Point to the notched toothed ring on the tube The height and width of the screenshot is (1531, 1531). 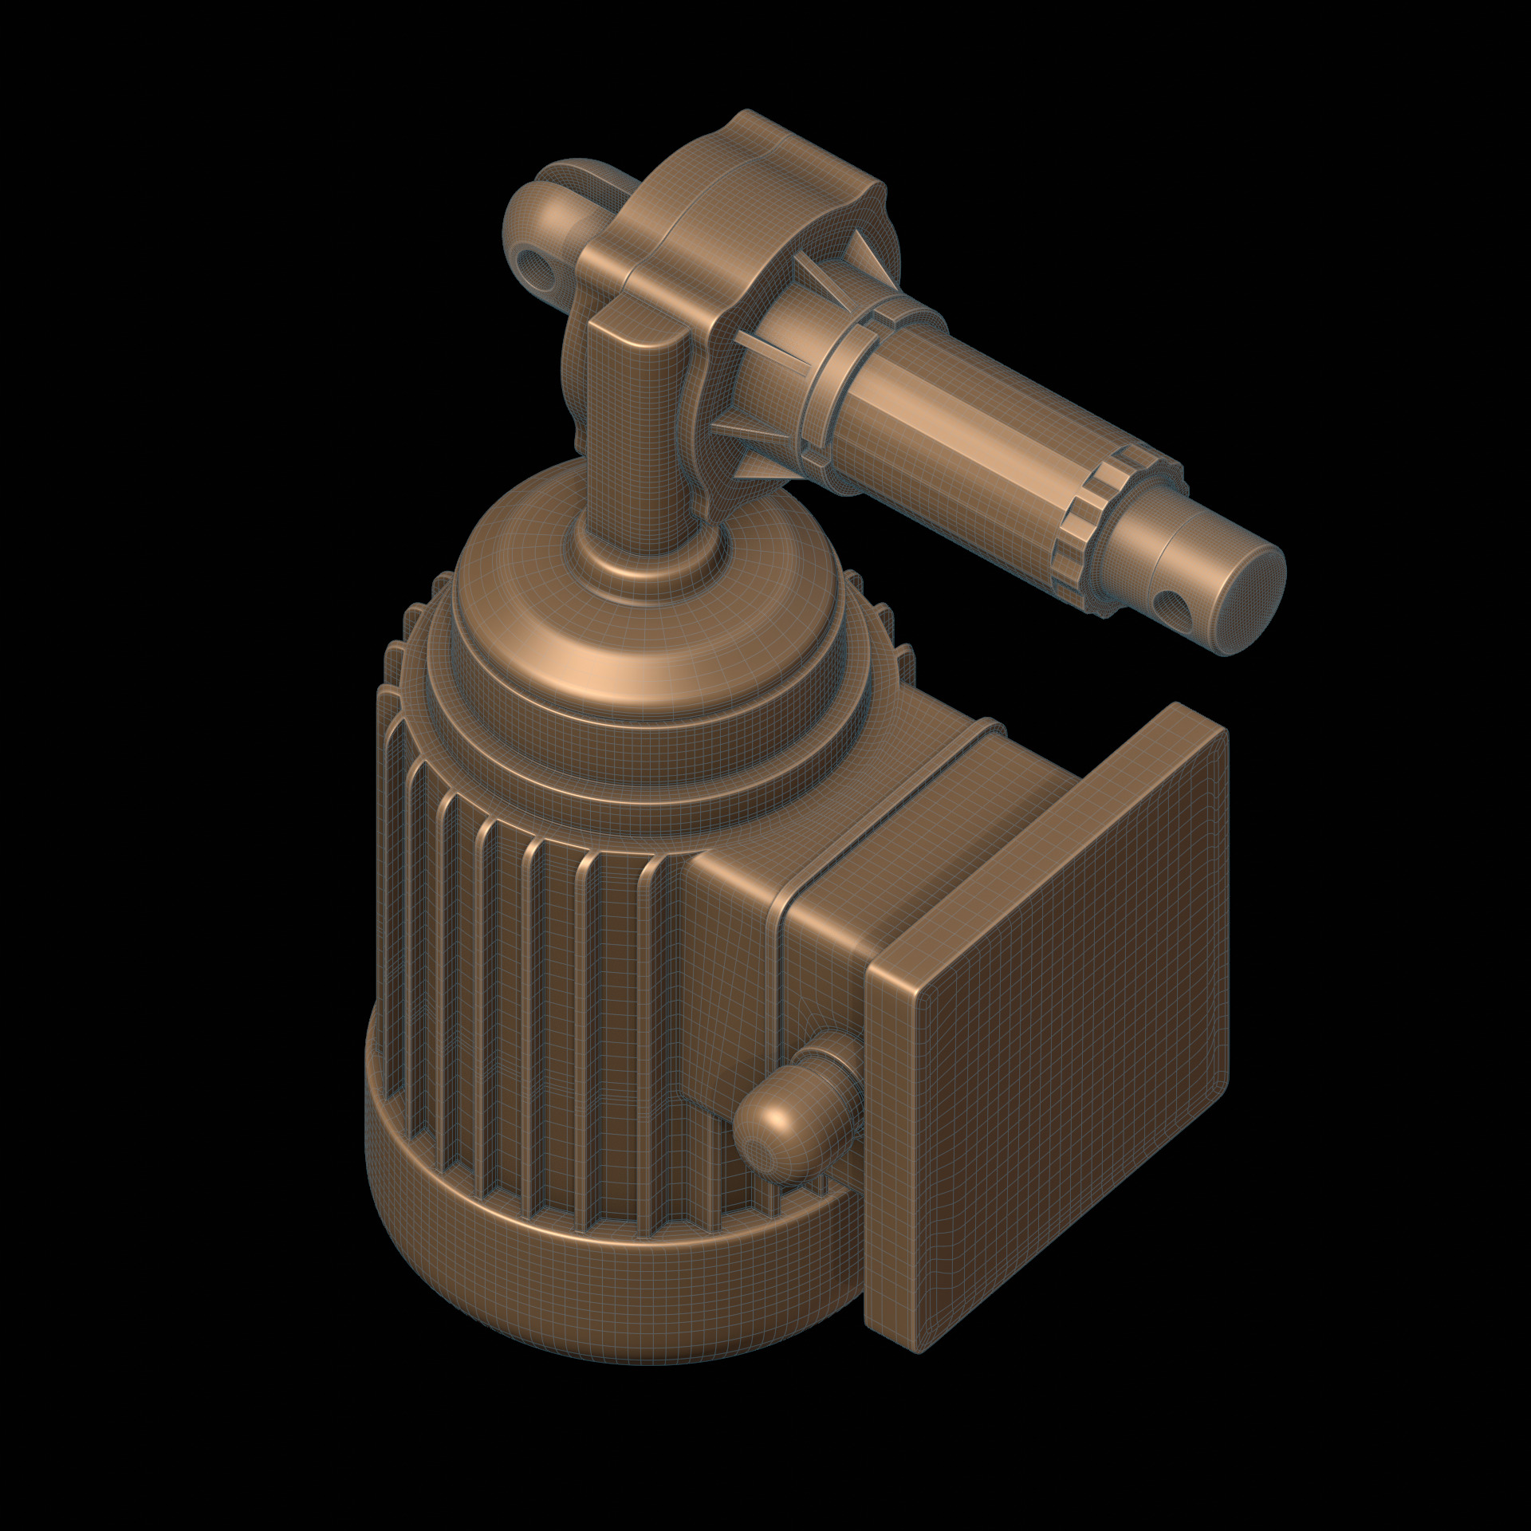tap(1092, 522)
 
